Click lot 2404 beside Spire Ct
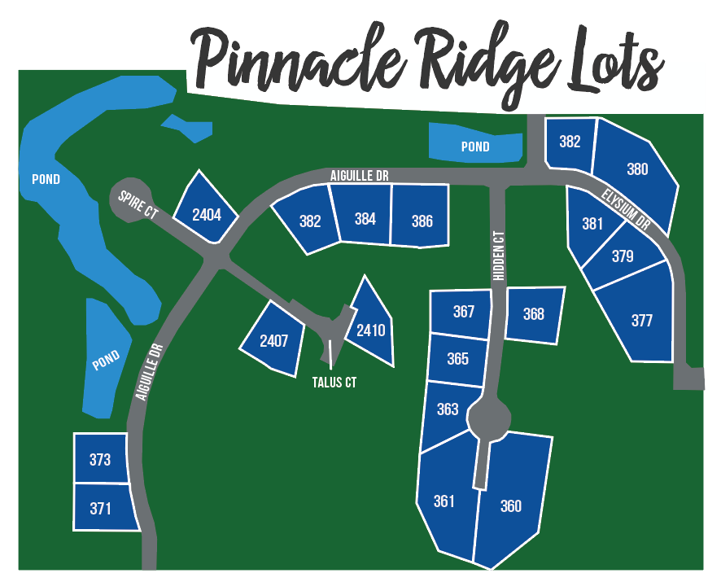[x=207, y=214]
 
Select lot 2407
[x=273, y=340]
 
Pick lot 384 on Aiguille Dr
[x=365, y=218]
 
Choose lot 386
[x=421, y=220]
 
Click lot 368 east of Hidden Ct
[x=534, y=314]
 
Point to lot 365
[x=457, y=358]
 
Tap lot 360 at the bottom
[x=510, y=505]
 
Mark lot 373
[x=100, y=460]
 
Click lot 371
[x=100, y=509]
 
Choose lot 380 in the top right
[x=637, y=169]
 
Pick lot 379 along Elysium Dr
[x=622, y=256]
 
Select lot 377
[x=641, y=320]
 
